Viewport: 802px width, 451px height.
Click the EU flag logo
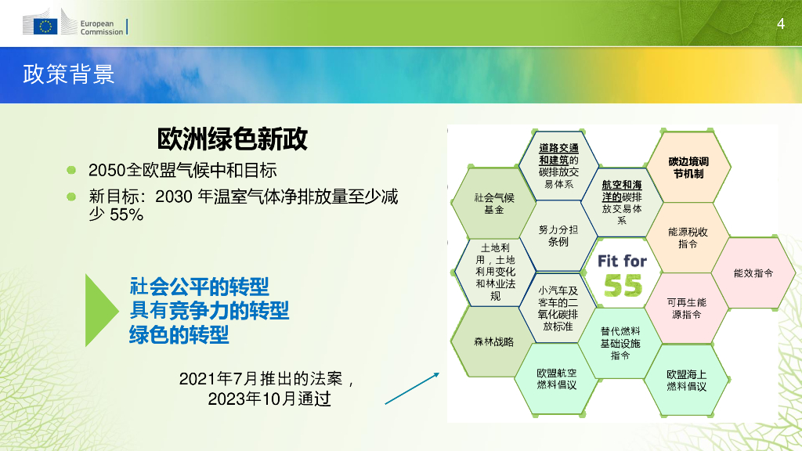pyautogui.click(x=45, y=26)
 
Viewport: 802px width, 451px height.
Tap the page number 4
pyautogui.click(x=781, y=23)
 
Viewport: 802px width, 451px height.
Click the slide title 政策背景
pyautogui.click(x=69, y=74)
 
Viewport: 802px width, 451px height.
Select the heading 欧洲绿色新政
pyautogui.click(x=232, y=139)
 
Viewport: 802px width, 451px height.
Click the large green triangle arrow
pyautogui.click(x=101, y=310)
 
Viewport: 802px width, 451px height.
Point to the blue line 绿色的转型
pyautogui.click(x=179, y=335)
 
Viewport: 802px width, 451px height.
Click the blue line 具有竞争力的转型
pyautogui.click(x=209, y=310)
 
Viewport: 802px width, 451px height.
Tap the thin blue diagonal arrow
pyautogui.click(x=412, y=388)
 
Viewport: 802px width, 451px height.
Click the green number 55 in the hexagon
pyautogui.click(x=623, y=285)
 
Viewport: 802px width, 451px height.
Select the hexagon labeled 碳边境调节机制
pyautogui.click(x=688, y=168)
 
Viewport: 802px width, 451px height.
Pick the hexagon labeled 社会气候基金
pyautogui.click(x=493, y=203)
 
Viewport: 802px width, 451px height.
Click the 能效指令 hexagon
pyautogui.click(x=753, y=273)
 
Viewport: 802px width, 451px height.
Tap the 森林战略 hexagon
pyautogui.click(x=493, y=341)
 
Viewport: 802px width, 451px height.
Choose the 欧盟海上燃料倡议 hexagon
pyautogui.click(x=686, y=380)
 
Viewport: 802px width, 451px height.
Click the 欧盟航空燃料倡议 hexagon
pyautogui.click(x=557, y=379)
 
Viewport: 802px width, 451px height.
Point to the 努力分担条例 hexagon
pyautogui.click(x=558, y=236)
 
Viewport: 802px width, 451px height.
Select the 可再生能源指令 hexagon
pyautogui.click(x=686, y=308)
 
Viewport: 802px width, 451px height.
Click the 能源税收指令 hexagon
pyautogui.click(x=688, y=238)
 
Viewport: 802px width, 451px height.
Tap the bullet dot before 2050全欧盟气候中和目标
pyautogui.click(x=71, y=170)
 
